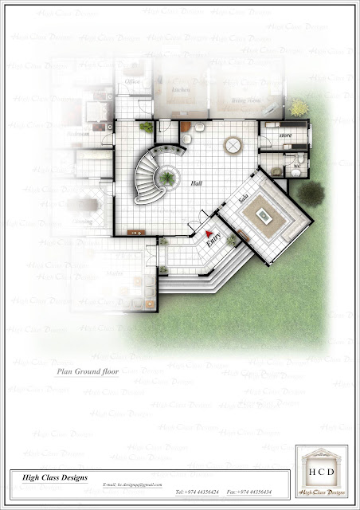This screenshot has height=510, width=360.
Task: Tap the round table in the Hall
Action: coord(233,145)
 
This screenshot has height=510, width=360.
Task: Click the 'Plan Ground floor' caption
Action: coord(87,372)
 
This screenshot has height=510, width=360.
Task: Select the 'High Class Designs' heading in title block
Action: coord(45,477)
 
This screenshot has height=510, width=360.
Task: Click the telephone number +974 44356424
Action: coord(197,491)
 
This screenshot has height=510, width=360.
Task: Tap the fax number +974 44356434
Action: coord(249,491)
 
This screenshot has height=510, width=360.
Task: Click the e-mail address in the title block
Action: coord(133,485)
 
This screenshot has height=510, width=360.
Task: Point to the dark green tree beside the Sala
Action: coord(311,192)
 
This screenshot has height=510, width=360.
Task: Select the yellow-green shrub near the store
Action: coord(298,108)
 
